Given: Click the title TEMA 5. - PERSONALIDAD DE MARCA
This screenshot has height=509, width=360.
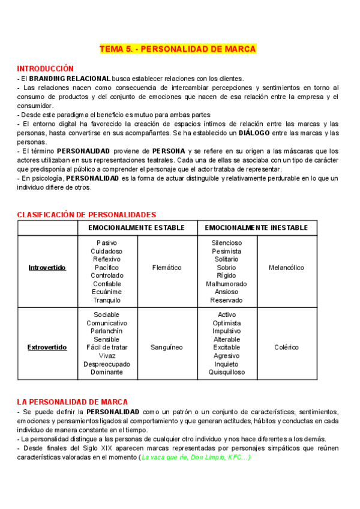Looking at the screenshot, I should tap(178, 49).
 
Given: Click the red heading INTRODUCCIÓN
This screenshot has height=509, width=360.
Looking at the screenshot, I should tap(45, 68).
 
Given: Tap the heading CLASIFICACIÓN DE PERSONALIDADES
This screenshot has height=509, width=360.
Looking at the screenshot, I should tap(86, 214).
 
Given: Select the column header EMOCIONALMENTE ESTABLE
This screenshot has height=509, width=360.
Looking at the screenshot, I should tap(137, 228).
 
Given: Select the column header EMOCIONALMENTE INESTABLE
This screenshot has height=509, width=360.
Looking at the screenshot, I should tap(257, 228).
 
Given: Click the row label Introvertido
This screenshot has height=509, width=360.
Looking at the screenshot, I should tap(47, 268).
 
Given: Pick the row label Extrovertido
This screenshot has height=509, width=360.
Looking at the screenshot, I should tap(47, 348).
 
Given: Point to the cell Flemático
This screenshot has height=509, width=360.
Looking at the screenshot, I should tap(167, 268).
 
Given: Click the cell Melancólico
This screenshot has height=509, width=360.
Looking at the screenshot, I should tap(287, 268).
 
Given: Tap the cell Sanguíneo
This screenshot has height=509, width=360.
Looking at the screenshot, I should tap(167, 348).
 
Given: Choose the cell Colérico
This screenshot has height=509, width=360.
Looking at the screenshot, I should tap(287, 348).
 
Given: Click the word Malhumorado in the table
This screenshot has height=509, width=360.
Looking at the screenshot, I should tap(227, 284).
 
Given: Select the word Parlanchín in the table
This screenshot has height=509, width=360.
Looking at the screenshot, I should tap(107, 331).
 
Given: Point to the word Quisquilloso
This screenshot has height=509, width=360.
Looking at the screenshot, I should tap(227, 372).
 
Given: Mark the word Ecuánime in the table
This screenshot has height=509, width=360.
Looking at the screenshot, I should tap(107, 292).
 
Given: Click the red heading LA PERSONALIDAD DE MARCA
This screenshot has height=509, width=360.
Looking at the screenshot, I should tap(72, 402).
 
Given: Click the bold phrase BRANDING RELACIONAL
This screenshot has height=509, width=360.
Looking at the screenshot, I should tap(70, 79).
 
